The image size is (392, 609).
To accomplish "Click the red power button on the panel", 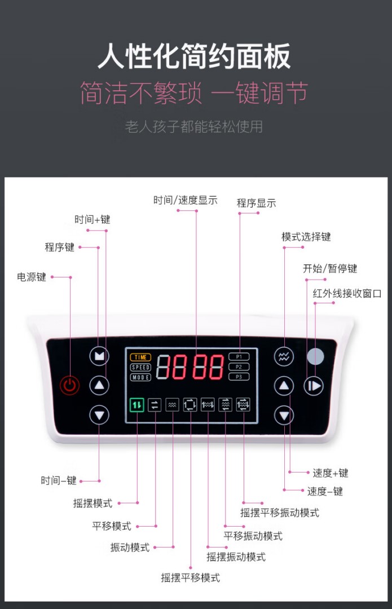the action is point(69,385).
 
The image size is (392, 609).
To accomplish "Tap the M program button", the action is point(99,356).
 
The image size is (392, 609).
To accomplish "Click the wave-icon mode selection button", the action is point(284,356).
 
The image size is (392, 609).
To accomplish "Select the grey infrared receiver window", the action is point(315,356).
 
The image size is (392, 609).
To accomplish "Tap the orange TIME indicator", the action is point(140,357).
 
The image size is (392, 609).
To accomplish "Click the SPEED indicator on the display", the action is point(140,367).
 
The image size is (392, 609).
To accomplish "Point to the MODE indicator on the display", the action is point(140,377).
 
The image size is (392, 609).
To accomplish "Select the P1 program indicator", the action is point(239,356).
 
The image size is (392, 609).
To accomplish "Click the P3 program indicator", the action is point(239,377).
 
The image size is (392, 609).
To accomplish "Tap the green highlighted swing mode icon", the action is point(136,405).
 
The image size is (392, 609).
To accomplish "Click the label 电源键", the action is point(32,277).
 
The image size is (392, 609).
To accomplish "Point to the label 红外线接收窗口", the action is point(347,293).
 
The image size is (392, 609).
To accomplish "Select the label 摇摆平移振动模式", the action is point(280,513).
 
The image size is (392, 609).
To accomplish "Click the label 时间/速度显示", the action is point(186,200).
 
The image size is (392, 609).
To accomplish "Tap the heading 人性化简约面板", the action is point(194,56).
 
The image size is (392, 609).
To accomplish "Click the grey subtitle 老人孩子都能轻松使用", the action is point(194,127).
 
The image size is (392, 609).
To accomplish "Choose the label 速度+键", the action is point(331,473).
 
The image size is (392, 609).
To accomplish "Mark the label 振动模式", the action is point(130,548).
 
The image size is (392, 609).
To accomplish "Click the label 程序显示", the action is point(257,203).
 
